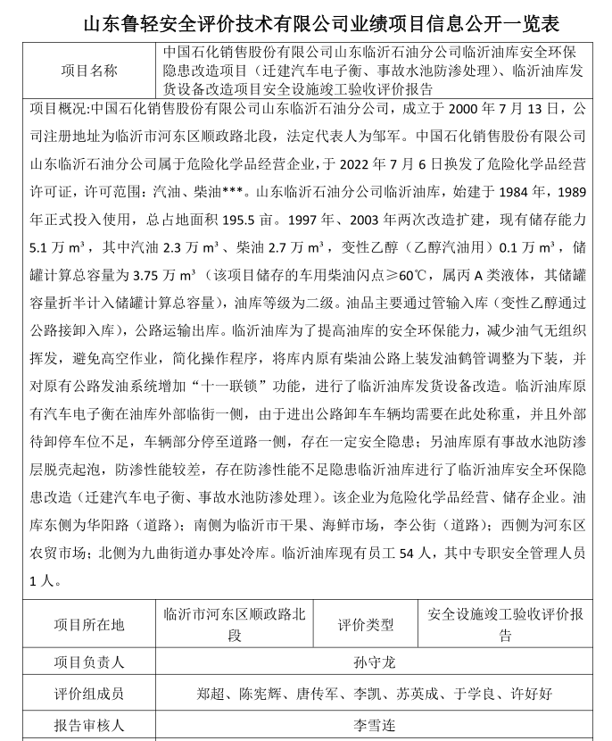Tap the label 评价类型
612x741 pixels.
click(365, 625)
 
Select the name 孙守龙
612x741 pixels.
click(375, 662)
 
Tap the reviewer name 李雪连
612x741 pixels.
click(375, 725)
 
